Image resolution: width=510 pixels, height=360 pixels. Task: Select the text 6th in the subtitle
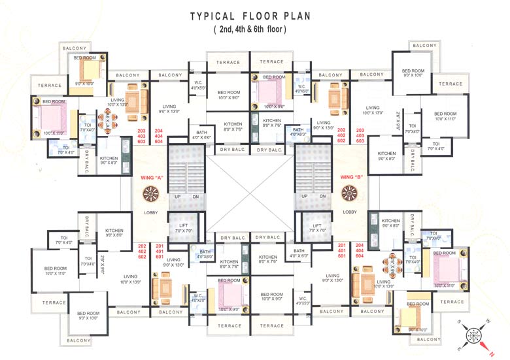pos(269,30)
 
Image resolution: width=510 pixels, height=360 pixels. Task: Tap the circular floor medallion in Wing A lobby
pos(151,194)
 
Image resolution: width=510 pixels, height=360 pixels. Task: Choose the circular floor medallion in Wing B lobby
pos(350,194)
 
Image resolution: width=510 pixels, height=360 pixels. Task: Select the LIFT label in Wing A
pos(184,225)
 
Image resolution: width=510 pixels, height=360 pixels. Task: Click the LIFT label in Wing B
pos(317,225)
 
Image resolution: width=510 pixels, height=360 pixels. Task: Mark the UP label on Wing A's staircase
pos(177,197)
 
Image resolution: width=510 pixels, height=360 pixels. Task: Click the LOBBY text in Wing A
pos(151,212)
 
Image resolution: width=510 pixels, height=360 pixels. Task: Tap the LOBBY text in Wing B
pos(350,212)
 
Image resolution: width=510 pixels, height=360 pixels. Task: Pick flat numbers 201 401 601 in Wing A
pos(159,251)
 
